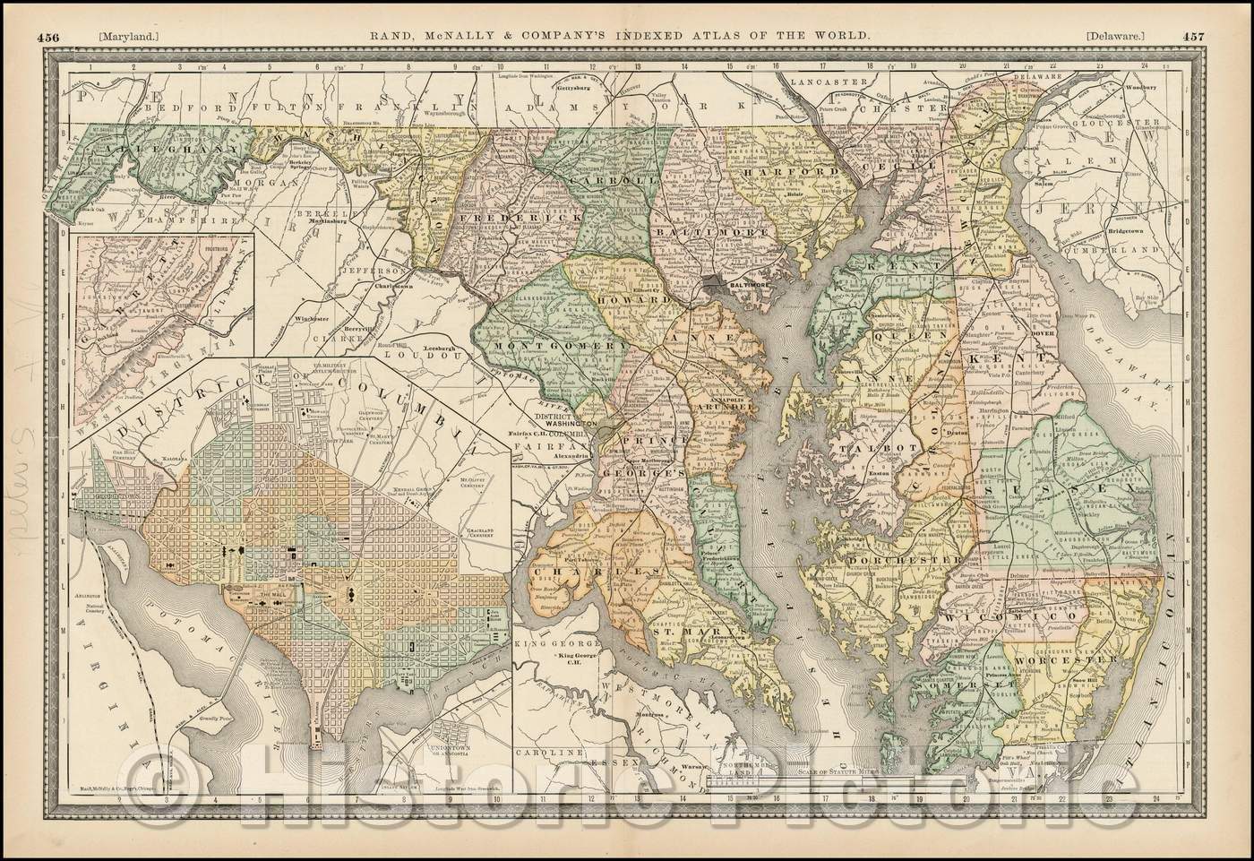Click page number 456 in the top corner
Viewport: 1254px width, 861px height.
click(48, 12)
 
